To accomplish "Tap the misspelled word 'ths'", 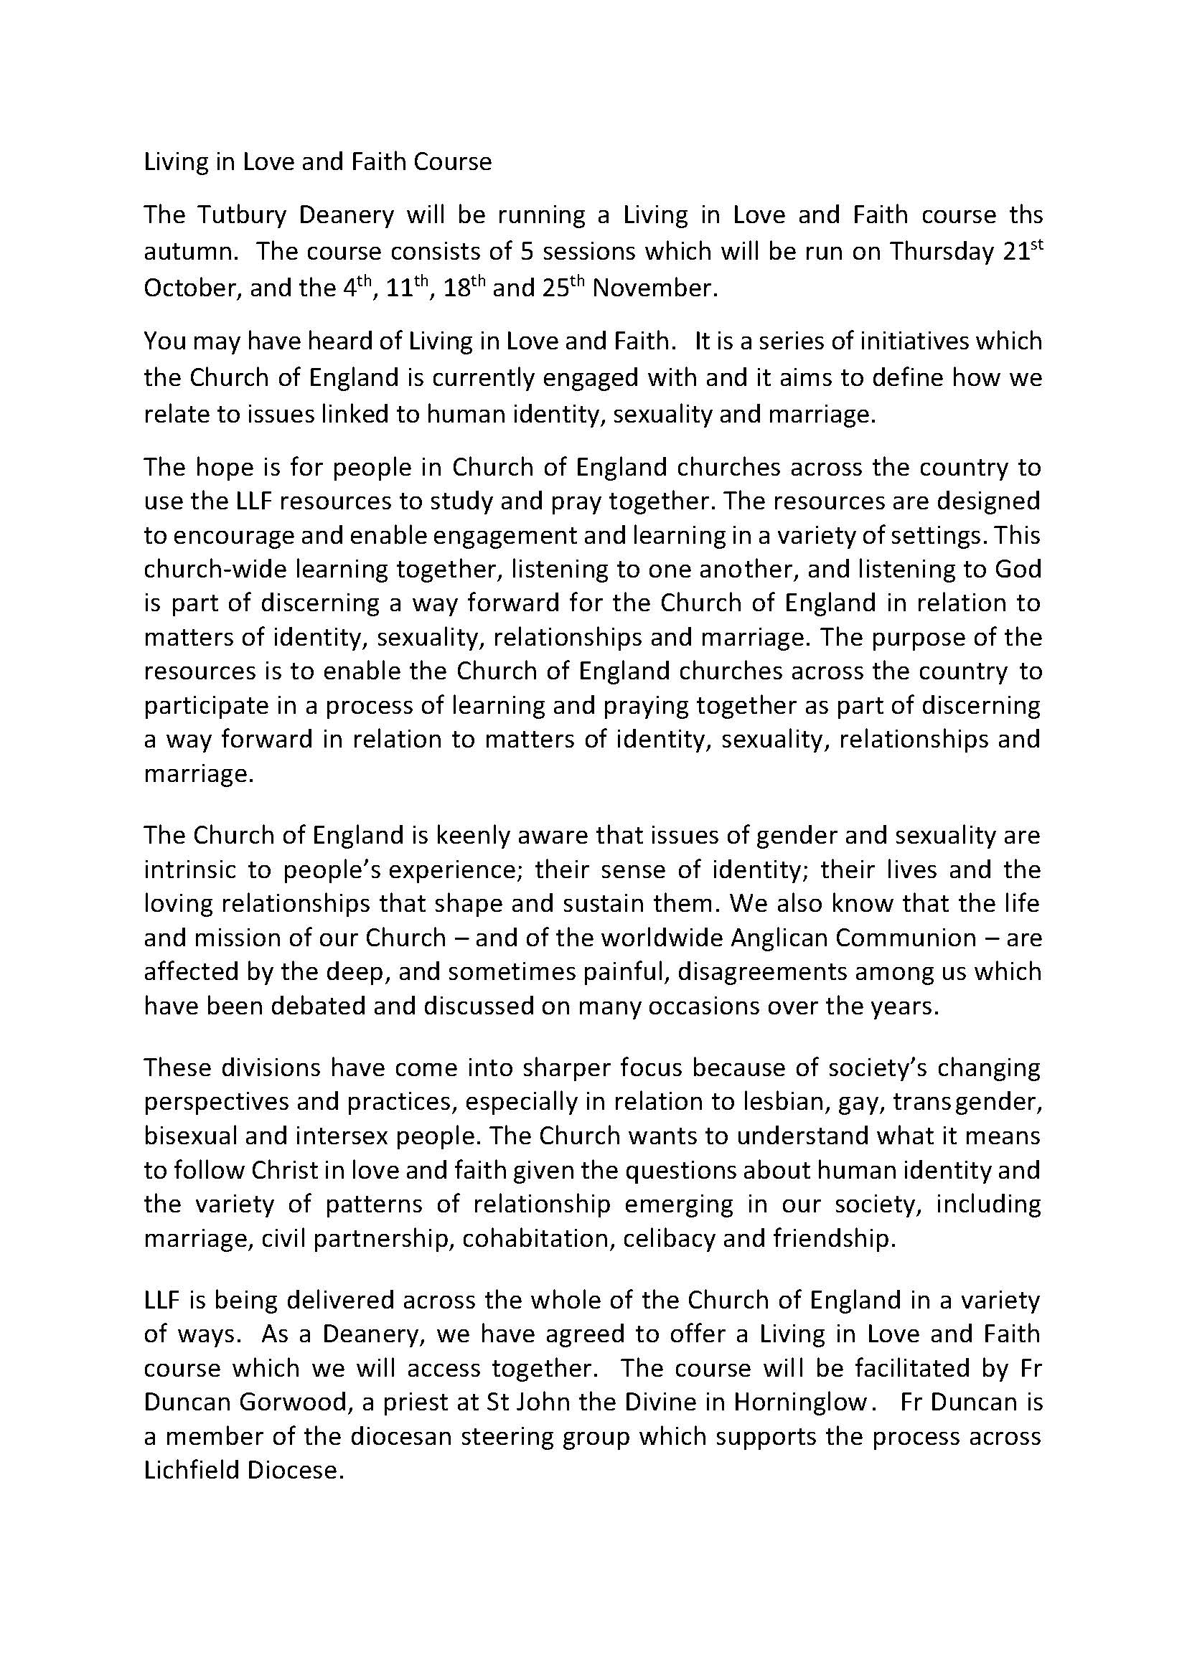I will tap(1023, 215).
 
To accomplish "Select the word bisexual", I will tap(189, 1136).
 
